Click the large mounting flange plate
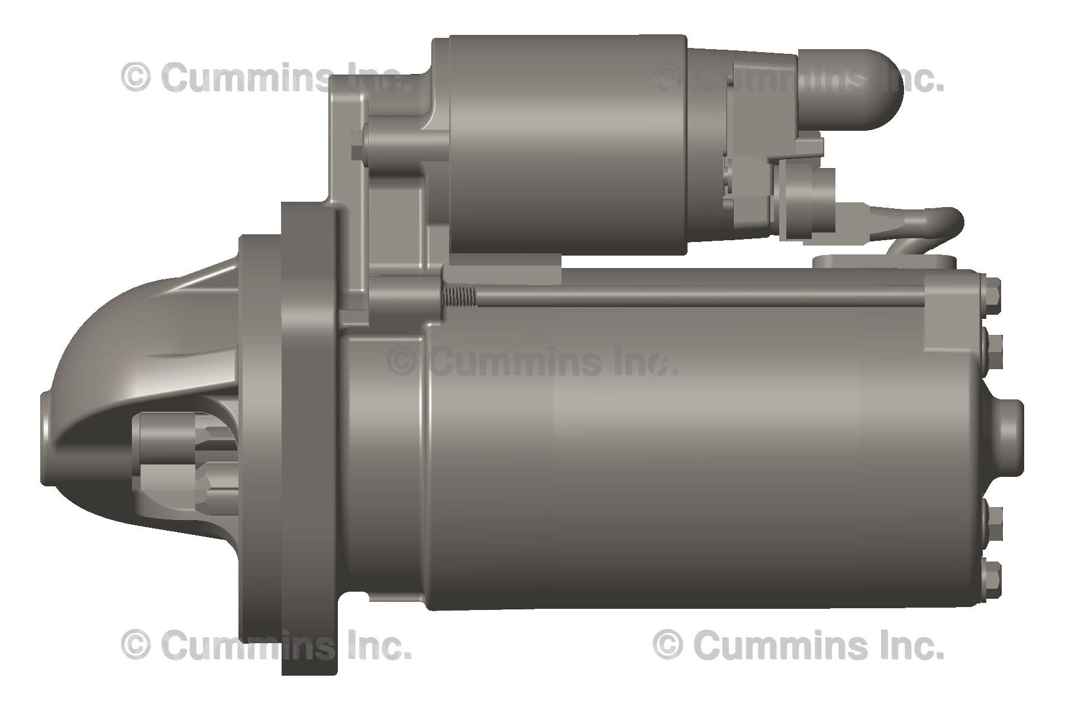308,438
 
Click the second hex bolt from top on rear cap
993,348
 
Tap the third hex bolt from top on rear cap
993,524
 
